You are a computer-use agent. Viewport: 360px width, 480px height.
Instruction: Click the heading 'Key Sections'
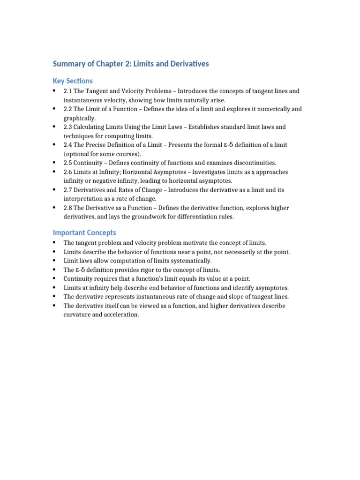pyautogui.click(x=73, y=81)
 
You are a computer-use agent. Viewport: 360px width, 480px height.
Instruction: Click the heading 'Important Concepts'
pyautogui.click(x=84, y=232)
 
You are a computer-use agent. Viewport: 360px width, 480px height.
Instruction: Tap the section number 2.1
pyautogui.click(x=68, y=91)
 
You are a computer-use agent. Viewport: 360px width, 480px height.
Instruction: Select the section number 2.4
pyautogui.click(x=68, y=145)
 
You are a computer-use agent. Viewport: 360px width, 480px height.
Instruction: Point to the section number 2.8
pyautogui.click(x=68, y=208)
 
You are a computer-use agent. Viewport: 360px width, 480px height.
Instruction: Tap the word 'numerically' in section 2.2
pyautogui.click(x=272, y=109)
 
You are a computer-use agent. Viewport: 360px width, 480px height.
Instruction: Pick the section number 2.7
pyautogui.click(x=68, y=190)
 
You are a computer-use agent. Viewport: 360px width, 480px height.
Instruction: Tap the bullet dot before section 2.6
pyautogui.click(x=55, y=172)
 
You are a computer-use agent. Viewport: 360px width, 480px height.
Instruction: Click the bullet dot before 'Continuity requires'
pyautogui.click(x=55, y=278)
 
